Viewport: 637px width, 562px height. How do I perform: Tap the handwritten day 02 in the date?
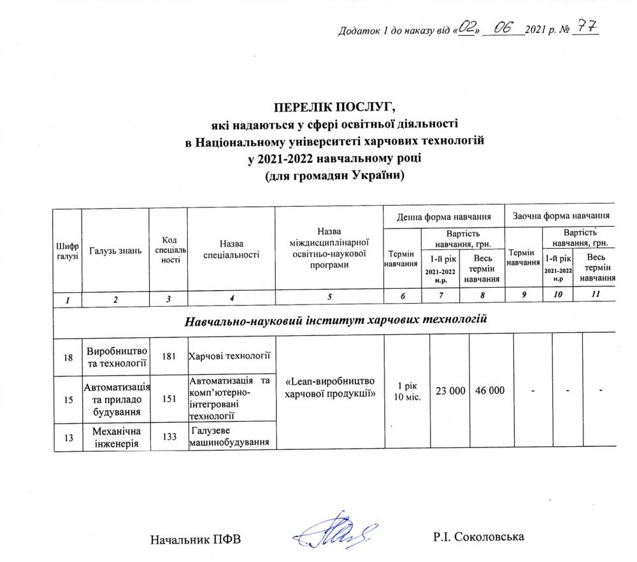click(468, 28)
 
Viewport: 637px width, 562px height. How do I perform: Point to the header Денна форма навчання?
click(443, 216)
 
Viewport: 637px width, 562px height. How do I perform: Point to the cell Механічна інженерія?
click(115, 436)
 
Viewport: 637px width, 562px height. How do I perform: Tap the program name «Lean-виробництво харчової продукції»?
click(329, 388)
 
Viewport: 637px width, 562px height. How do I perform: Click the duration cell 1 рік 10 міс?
click(407, 391)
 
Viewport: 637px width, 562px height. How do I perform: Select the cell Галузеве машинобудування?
click(230, 437)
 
